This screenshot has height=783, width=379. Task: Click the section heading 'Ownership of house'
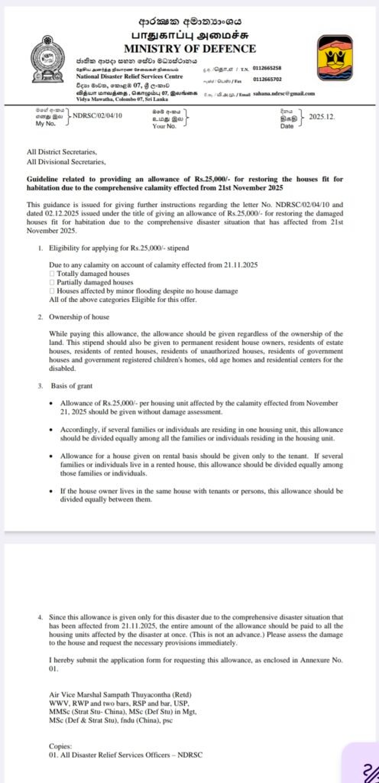[x=79, y=317]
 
